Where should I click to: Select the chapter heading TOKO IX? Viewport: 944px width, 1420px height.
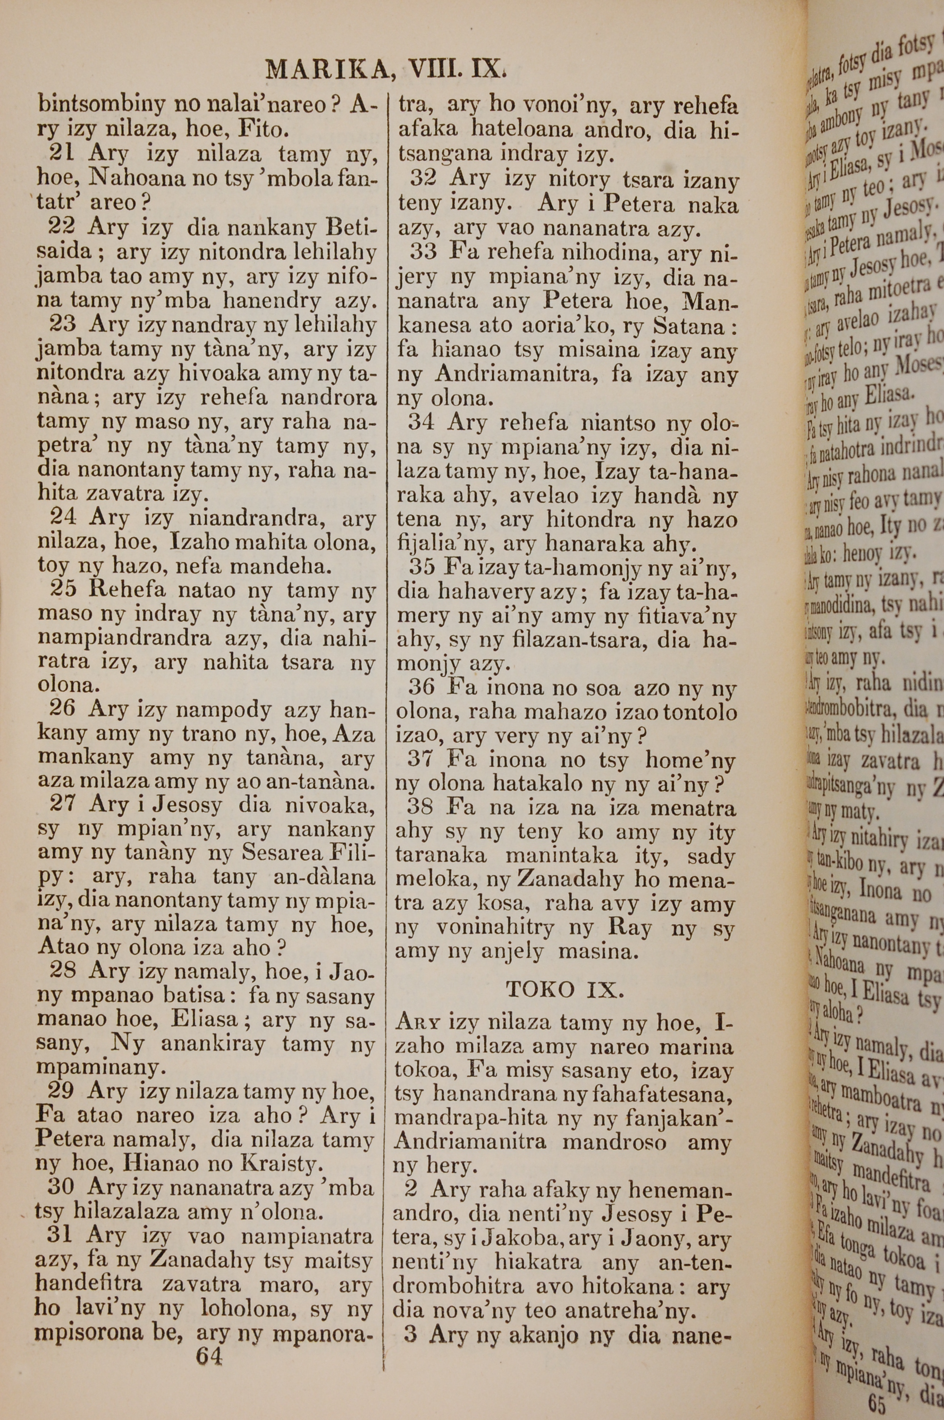tap(565, 989)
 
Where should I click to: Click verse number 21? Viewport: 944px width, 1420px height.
tap(61, 154)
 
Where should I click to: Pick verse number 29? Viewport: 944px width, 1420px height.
tap(61, 1090)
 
